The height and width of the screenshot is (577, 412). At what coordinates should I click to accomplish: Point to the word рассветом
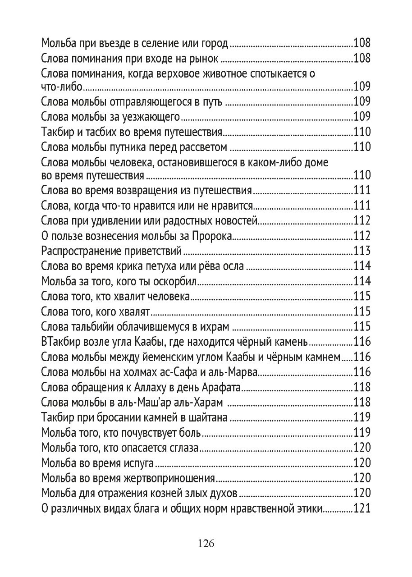tap(206, 147)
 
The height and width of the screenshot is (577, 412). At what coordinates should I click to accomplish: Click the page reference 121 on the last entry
tap(362, 509)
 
